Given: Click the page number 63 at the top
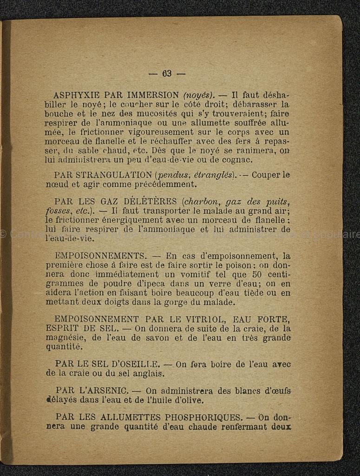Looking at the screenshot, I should [x=167, y=73].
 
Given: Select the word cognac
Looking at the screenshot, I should [x=238, y=160].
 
